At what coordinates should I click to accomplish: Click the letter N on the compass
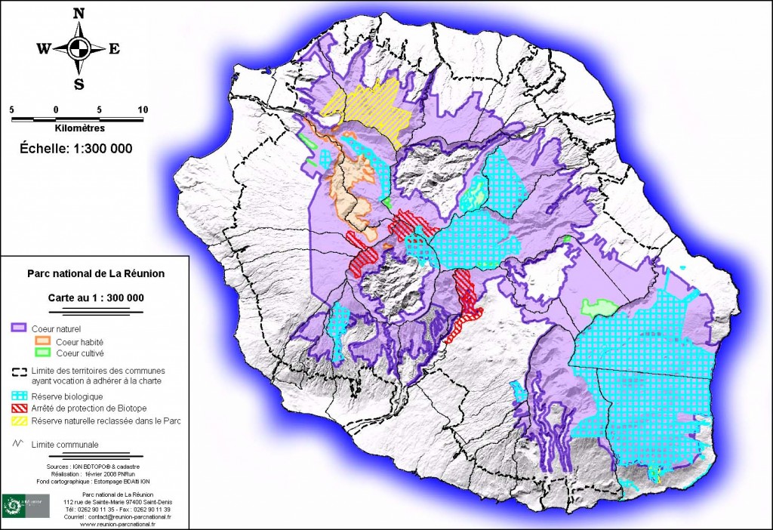79,13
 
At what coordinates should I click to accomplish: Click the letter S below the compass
79,84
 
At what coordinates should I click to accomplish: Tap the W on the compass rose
43,49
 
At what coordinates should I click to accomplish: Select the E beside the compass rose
114,49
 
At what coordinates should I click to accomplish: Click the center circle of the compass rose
79,49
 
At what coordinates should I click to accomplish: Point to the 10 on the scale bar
143,109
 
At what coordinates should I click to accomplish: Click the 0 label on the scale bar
56,109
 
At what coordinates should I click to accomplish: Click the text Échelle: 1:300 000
75,149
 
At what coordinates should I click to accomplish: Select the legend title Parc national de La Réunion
95,274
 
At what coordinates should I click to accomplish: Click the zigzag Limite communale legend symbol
18,445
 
